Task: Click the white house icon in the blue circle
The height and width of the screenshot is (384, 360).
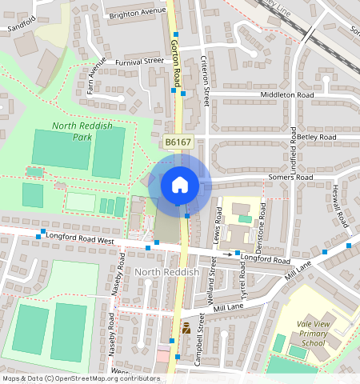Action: coord(180,185)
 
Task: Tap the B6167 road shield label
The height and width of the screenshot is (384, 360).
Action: coord(178,142)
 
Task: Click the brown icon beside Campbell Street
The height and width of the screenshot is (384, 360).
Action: coord(186,328)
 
